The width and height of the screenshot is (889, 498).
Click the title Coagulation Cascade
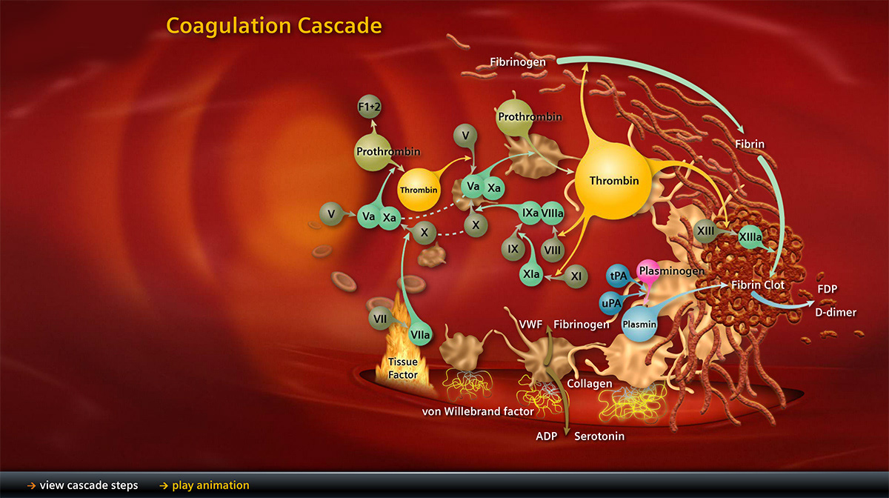(x=274, y=26)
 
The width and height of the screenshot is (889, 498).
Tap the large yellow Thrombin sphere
(x=614, y=180)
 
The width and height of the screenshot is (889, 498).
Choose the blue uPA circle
(x=609, y=302)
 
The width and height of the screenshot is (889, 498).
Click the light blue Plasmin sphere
(x=639, y=323)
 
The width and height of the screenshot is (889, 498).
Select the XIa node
(x=530, y=274)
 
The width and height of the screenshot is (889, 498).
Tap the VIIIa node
(x=553, y=213)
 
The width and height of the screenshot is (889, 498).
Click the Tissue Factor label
(x=403, y=368)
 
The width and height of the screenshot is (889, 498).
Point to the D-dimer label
(x=836, y=312)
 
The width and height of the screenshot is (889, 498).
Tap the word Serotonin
(x=599, y=436)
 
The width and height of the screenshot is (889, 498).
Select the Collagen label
(x=590, y=384)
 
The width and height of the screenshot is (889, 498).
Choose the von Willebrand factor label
(x=478, y=411)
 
